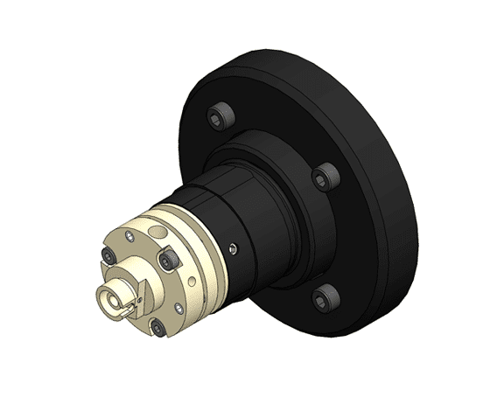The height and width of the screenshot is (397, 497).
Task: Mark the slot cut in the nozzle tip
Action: click(128, 308)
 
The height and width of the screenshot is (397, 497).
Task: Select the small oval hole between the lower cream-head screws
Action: click(179, 306)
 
